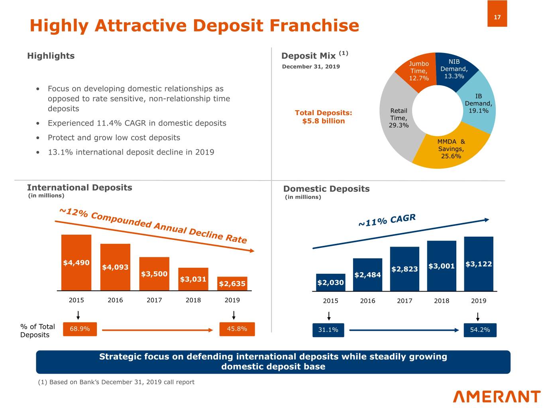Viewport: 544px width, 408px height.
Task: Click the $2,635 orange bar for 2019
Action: pos(232,283)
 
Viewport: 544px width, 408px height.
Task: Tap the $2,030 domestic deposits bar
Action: pos(330,282)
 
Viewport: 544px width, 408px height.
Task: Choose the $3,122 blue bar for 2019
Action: pos(479,263)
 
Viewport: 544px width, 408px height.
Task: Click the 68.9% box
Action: pos(80,329)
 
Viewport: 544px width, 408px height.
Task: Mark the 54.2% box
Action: pos(480,330)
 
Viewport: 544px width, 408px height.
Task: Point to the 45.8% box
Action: pos(237,329)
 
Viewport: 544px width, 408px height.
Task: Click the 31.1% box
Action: pos(328,330)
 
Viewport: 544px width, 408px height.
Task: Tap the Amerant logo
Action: pos(497,396)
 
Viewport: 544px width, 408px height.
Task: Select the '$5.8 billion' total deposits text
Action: pos(323,121)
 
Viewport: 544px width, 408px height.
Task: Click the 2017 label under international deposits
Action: pos(154,300)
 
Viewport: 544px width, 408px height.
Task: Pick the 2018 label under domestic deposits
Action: pos(442,301)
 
